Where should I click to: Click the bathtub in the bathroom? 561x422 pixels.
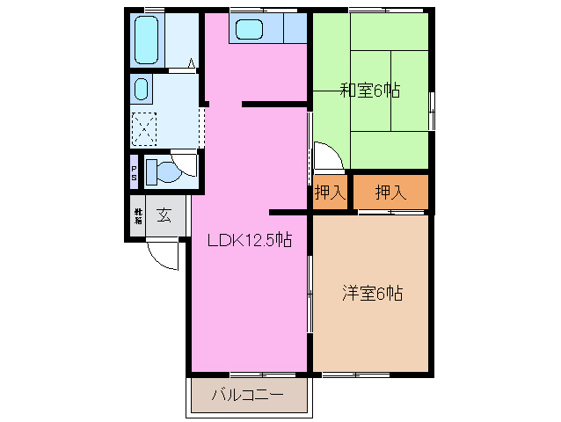145,39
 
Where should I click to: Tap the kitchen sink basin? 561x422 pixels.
249,29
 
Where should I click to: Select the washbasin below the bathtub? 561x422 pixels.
142,88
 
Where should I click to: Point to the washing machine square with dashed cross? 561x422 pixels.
144,127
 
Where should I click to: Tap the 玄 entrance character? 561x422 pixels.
164,215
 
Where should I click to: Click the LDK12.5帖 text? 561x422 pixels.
250,239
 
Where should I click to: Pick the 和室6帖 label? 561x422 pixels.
371,89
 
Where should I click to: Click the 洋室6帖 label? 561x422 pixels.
372,294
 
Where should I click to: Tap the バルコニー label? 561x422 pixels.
247,396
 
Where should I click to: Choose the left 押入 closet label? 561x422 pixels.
331,193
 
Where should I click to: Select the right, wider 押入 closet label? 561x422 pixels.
390,193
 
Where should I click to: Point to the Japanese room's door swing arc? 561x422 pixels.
328,157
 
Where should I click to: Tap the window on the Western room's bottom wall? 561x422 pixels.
355,374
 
